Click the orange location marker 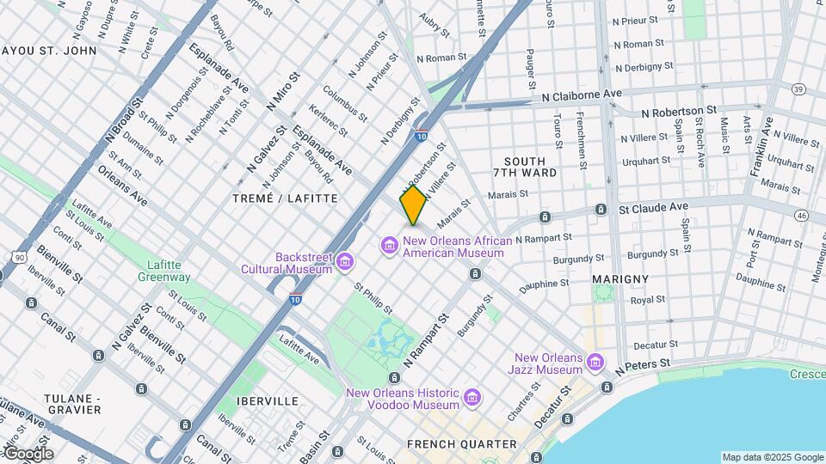tap(414, 205)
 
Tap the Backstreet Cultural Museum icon tap(346, 260)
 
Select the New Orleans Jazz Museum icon tap(594, 363)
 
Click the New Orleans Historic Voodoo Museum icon tap(472, 398)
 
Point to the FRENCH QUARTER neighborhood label tap(462, 444)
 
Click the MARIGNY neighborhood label tap(619, 279)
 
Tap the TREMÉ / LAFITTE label tap(285, 198)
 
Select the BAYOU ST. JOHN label tap(49, 51)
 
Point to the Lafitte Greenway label tap(163, 271)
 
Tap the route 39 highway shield tap(798, 89)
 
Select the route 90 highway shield tap(19, 257)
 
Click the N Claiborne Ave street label tap(582, 94)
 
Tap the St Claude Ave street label tap(654, 207)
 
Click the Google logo tap(28, 454)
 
